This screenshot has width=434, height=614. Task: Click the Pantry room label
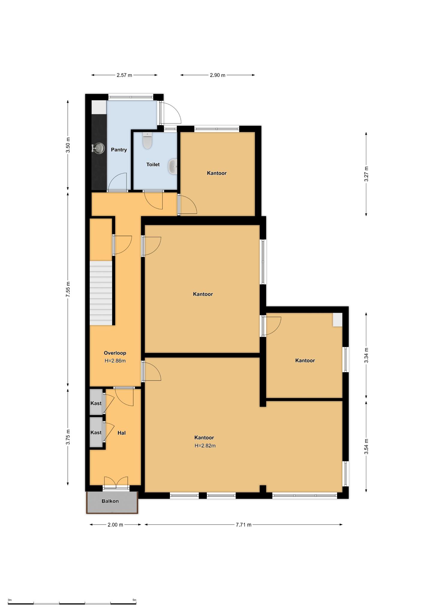[x=119, y=150]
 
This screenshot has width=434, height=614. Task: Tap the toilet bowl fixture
[x=147, y=141]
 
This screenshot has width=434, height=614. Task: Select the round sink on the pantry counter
[x=99, y=148]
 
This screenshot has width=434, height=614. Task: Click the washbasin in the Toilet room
[x=173, y=167]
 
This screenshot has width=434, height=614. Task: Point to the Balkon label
[x=110, y=501]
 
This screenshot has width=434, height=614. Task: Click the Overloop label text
[x=115, y=353]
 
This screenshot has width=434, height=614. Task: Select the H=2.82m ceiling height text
[x=205, y=446]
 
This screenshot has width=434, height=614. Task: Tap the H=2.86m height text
[x=115, y=361]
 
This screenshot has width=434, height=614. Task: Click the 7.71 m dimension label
[x=243, y=524]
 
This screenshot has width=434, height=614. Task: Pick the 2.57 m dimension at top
[x=124, y=75]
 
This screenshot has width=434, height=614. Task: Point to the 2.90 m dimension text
[x=218, y=75]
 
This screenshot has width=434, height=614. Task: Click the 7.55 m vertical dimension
[x=68, y=290]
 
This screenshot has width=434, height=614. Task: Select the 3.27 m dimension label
[x=366, y=174]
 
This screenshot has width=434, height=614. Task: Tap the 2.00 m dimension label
[x=115, y=524]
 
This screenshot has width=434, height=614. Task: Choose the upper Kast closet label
[x=96, y=403]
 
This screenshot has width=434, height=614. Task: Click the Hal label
[x=121, y=433]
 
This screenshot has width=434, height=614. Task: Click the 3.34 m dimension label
[x=366, y=355]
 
